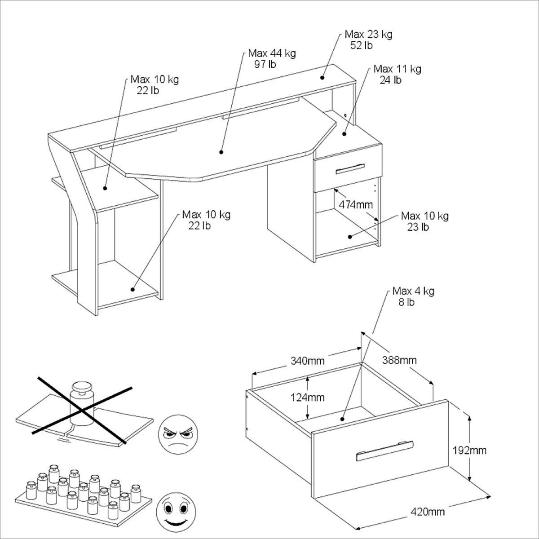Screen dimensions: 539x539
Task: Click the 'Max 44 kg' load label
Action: [272, 53]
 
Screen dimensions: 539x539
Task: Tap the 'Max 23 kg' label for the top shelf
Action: [368, 35]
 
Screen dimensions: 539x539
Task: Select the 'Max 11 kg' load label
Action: [397, 69]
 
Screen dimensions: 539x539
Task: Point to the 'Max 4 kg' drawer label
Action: [413, 291]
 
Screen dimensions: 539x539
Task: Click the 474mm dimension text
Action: [356, 205]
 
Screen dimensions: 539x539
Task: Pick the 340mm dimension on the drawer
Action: [307, 361]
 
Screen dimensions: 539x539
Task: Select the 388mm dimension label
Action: [399, 360]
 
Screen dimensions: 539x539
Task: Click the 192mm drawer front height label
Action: [469, 450]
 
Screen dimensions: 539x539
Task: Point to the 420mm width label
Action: [428, 512]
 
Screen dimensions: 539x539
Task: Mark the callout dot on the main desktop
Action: [221, 152]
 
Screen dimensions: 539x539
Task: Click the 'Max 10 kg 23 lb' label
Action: [424, 221]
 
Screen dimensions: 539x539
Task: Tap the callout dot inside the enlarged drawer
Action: [342, 419]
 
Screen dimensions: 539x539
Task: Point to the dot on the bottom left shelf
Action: [133, 289]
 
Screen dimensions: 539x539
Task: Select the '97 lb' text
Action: [265, 64]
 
